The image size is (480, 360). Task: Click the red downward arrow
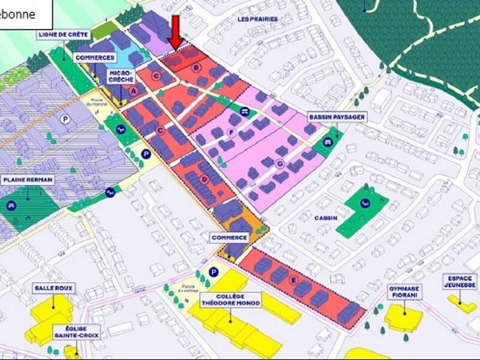175,32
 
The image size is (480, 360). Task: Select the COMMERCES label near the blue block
95,58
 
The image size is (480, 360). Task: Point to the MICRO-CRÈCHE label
121,76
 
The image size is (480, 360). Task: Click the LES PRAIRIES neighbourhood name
257,19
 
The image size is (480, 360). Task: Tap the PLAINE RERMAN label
28,179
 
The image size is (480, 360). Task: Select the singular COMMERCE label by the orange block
229,238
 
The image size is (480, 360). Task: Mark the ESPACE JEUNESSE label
460,282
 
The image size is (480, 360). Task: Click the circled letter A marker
134,91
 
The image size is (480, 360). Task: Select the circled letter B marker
195,68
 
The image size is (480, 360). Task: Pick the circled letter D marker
205,179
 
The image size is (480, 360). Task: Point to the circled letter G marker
278,163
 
